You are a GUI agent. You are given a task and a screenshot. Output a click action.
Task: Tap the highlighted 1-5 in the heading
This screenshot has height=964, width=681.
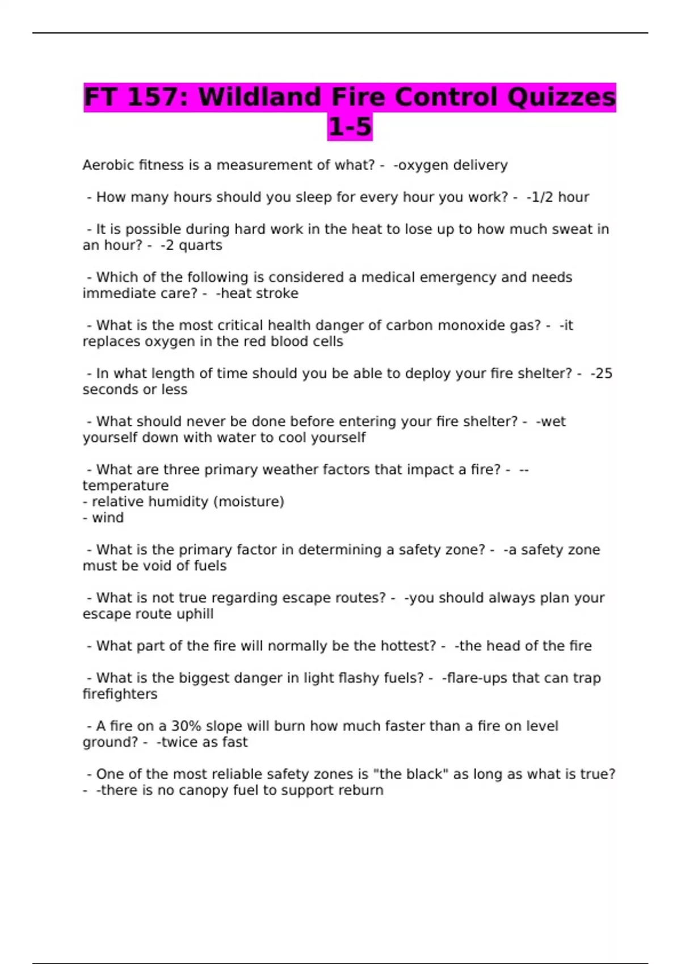[350, 127]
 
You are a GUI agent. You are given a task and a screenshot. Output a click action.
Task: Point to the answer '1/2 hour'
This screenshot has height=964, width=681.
[560, 197]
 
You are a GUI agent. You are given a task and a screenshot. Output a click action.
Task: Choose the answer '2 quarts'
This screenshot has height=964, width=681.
[193, 246]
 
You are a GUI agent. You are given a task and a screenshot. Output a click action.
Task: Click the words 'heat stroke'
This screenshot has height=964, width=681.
[259, 294]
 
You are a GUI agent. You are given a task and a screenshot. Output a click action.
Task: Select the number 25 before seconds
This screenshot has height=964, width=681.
[603, 374]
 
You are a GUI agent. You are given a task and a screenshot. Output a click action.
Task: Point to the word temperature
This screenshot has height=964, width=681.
[125, 486]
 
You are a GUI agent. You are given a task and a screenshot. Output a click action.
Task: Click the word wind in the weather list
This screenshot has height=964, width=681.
[108, 518]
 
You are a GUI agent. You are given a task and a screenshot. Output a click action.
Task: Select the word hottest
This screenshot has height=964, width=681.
[407, 646]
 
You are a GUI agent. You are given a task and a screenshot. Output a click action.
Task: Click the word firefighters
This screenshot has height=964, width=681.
[120, 694]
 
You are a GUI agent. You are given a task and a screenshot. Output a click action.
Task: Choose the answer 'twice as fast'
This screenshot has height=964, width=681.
[204, 742]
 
